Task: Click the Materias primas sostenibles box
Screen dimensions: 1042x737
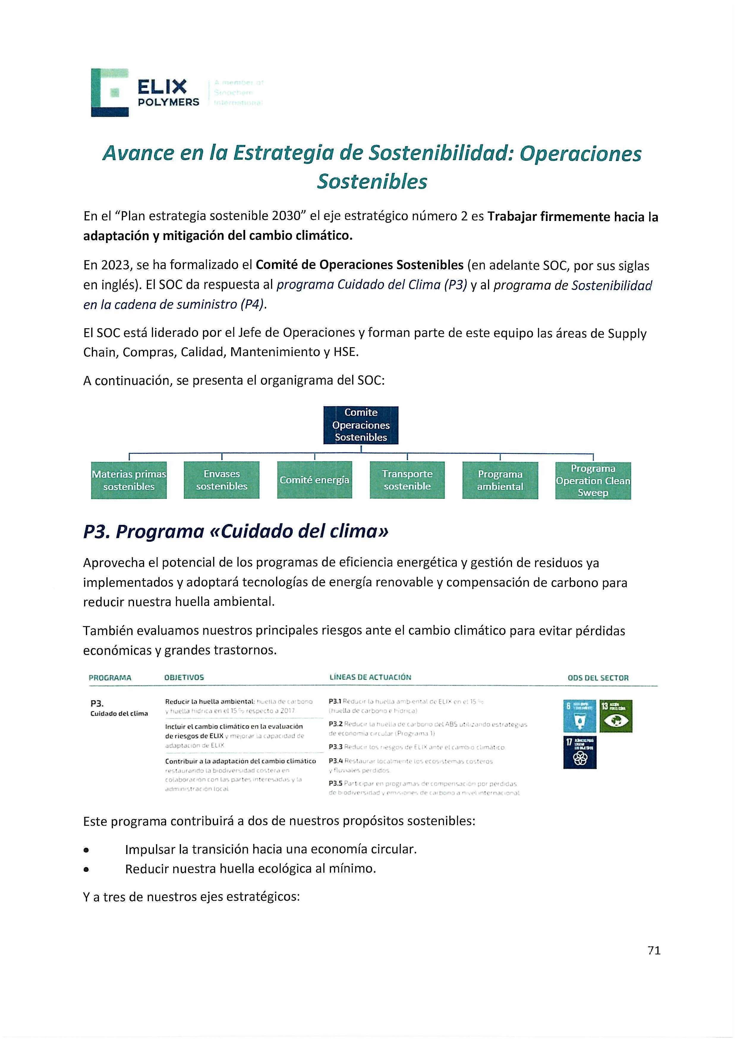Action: click(129, 480)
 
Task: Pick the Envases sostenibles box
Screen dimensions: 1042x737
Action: click(222, 480)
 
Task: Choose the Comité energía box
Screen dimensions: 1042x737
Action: click(314, 480)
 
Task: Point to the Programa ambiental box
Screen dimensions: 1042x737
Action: click(500, 480)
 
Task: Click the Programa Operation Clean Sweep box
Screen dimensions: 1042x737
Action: click(593, 480)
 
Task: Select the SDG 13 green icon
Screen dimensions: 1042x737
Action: click(616, 716)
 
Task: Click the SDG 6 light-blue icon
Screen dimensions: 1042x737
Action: click(579, 716)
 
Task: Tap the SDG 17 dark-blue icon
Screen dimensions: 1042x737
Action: click(580, 752)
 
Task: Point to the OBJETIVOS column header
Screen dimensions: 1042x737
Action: click(184, 678)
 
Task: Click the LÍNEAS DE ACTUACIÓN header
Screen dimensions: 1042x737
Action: click(370, 677)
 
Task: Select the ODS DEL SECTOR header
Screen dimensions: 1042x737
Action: click(598, 678)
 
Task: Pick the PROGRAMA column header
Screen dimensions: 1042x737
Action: click(110, 678)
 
